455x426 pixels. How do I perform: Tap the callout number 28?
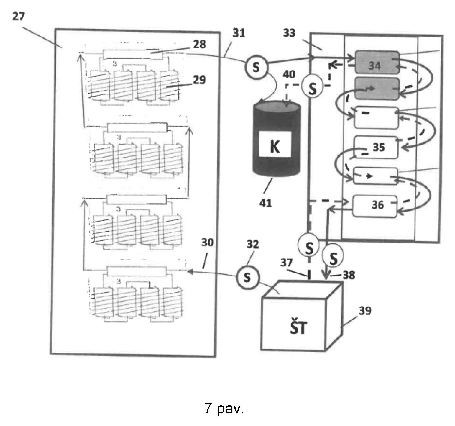point(199,44)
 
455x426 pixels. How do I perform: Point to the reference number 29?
point(199,80)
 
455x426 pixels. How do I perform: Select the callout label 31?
point(239,32)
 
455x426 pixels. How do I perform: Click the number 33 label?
point(289,32)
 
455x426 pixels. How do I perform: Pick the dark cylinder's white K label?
point(275,144)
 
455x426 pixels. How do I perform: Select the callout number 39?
point(365,310)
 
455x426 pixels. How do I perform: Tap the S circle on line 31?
point(256,67)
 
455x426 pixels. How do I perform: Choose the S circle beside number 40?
point(312,88)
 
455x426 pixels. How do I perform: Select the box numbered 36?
point(375,206)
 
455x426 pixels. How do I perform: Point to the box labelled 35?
point(376,147)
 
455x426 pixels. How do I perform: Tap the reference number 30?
point(207,243)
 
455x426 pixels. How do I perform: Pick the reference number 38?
point(349,275)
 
